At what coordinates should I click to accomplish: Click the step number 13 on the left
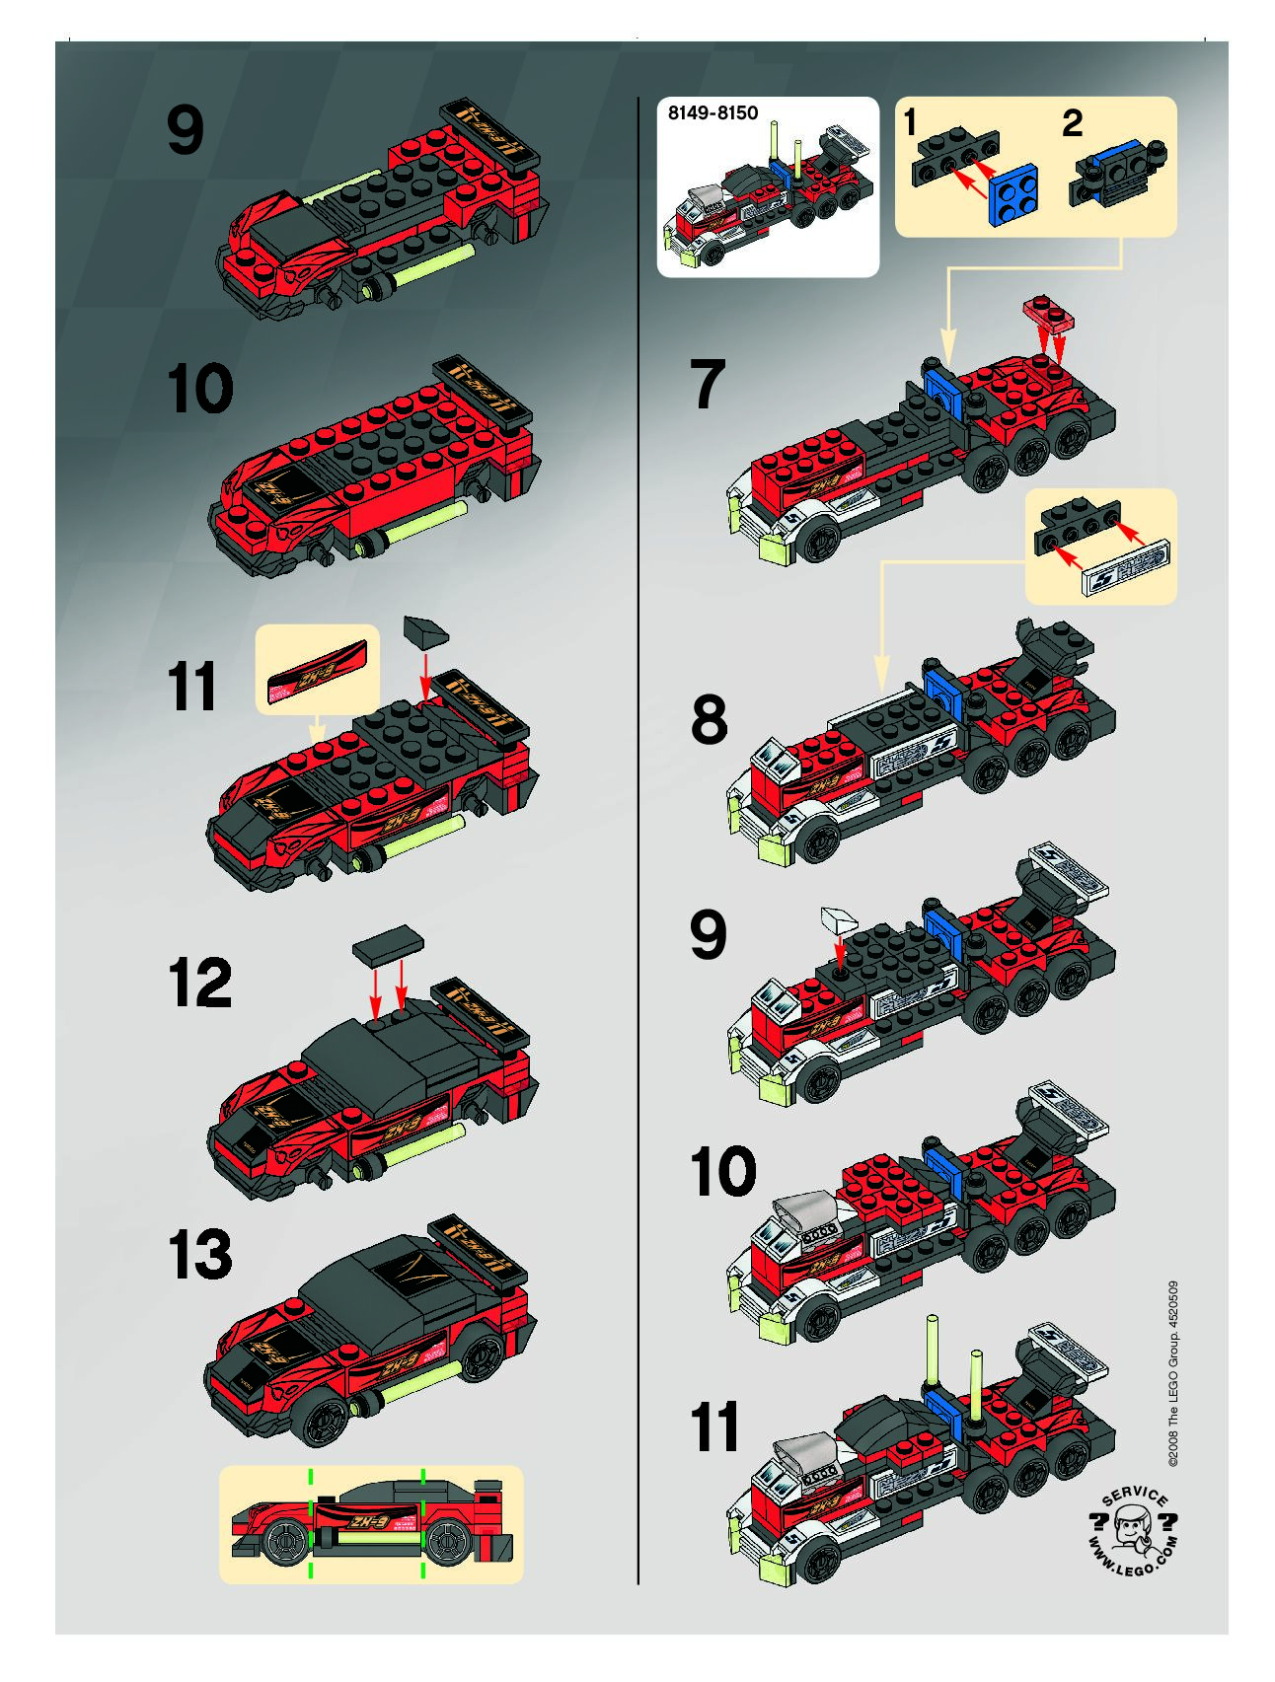pos(200,1255)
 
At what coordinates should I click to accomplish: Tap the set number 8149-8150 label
pos(712,112)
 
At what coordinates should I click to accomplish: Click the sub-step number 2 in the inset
pos(1073,123)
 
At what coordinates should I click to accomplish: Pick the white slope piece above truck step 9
pos(838,921)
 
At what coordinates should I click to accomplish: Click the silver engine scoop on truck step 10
pos(805,1211)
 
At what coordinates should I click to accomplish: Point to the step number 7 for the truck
pos(708,385)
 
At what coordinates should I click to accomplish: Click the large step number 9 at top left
pos(186,131)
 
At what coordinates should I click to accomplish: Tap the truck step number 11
pos(715,1426)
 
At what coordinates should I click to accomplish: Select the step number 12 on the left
pos(200,983)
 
